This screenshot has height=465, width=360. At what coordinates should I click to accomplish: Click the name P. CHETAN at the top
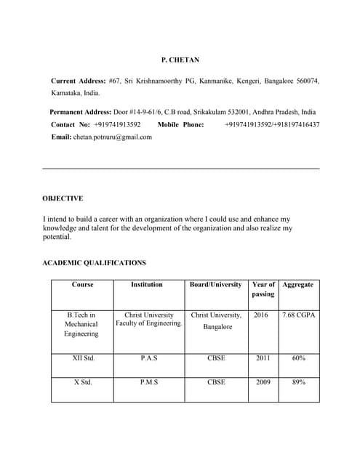pos(180,60)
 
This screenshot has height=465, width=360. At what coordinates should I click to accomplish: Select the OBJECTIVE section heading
pos(63,198)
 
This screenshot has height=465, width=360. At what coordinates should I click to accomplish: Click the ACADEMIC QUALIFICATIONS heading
pos(95,263)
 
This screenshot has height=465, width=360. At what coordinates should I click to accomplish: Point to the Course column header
pos(83,285)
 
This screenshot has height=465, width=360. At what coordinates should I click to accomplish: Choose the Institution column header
pos(147,285)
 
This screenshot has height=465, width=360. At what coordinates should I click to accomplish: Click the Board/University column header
pos(215,285)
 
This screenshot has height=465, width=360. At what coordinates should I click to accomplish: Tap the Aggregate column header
pos(298,285)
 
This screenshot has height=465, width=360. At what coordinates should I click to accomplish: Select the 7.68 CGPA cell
pos(298,315)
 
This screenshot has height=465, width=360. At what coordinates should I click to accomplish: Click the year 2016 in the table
pos(262,315)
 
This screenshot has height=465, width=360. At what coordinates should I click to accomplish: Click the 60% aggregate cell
pos(298,358)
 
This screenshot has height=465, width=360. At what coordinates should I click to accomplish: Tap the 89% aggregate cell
pos(298,381)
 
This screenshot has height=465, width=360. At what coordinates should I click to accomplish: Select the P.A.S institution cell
pos(148,358)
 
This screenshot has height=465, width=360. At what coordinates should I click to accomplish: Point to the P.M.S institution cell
pos(148,381)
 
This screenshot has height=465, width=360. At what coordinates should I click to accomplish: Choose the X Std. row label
pos(83,381)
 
